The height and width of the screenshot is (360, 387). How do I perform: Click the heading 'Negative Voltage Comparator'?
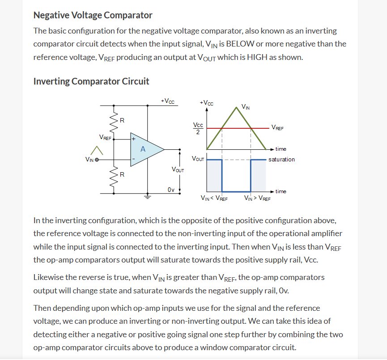(93, 15)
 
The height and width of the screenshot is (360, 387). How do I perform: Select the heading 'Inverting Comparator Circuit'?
(91, 81)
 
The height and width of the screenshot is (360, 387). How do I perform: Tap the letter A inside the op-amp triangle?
(143, 149)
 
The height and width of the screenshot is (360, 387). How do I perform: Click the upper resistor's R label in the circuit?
(122, 121)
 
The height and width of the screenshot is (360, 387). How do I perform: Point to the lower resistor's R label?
(122, 174)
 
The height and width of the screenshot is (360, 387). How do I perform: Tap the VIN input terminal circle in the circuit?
(96, 159)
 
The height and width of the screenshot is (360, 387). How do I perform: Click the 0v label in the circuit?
(171, 190)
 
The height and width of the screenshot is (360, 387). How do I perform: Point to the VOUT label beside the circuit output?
(177, 169)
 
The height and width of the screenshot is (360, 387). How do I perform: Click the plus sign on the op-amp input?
(133, 139)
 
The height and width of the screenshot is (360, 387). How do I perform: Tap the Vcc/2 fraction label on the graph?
(198, 128)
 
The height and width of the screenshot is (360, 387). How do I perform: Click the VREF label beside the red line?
(277, 127)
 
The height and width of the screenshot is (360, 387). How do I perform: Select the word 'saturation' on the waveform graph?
(281, 159)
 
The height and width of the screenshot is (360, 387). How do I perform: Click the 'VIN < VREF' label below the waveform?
(214, 198)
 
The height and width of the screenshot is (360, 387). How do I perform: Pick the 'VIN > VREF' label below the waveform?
(257, 198)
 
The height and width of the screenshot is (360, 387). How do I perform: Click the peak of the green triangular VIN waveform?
(236, 106)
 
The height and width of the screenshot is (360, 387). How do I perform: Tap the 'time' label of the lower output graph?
(281, 191)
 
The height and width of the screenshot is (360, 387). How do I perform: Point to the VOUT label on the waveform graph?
(198, 159)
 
